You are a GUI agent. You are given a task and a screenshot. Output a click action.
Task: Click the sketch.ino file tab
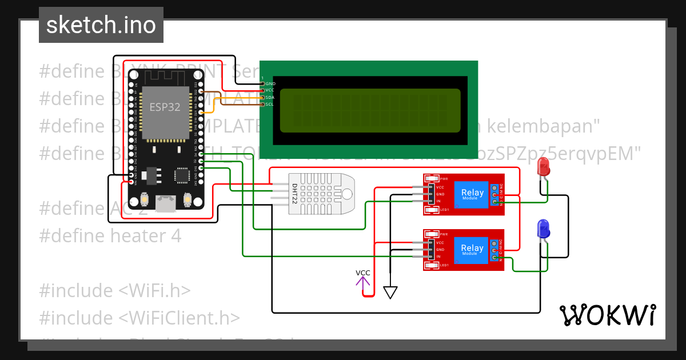[x=101, y=25]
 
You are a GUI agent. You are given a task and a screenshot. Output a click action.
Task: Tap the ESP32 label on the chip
[x=165, y=107]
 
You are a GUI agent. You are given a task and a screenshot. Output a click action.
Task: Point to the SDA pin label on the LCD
[x=270, y=98]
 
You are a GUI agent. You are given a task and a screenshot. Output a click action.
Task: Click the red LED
[x=543, y=167]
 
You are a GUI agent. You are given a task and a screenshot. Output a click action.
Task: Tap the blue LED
[x=543, y=230]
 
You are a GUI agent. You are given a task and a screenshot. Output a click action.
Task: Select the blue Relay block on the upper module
[x=472, y=194]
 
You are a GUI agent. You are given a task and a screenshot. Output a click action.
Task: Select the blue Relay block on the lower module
[x=472, y=250]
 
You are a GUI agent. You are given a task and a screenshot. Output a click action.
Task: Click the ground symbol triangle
[x=390, y=293]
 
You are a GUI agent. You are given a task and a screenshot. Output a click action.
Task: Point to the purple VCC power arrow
[x=363, y=280]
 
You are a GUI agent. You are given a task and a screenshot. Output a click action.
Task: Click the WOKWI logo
[x=607, y=315]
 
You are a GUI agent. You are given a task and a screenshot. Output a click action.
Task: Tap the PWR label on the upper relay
[x=444, y=179]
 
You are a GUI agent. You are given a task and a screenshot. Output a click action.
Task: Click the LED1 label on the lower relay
[x=444, y=265]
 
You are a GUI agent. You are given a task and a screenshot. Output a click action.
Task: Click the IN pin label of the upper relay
[x=439, y=201]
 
